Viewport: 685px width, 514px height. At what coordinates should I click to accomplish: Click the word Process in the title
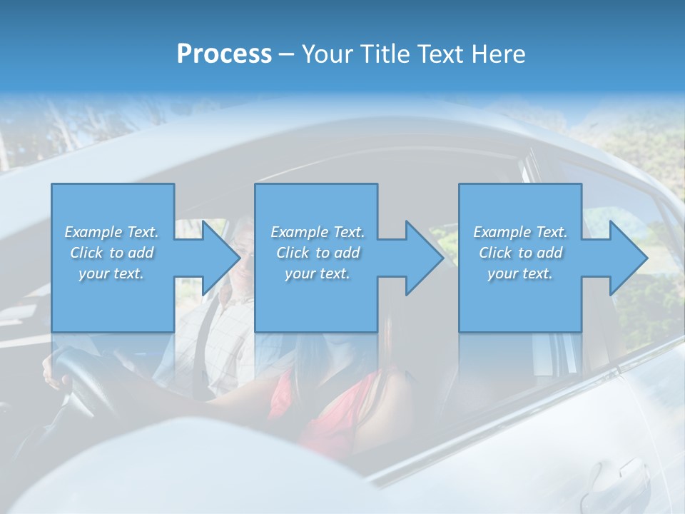(224, 54)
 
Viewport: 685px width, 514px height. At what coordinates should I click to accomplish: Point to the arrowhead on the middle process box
(423, 258)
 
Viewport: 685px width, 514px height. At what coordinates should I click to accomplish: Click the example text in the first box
(112, 252)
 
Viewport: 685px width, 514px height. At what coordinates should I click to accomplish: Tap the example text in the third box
(520, 252)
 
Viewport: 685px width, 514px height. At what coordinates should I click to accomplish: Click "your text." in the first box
(111, 273)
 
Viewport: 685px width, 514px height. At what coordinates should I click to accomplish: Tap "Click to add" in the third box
(520, 253)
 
